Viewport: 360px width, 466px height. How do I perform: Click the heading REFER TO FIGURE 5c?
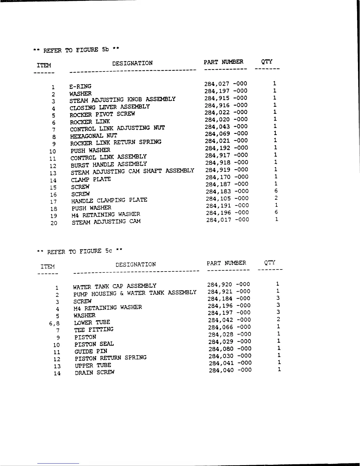point(79,251)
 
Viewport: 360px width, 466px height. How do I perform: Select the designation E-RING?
point(80,86)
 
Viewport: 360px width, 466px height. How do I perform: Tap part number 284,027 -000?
point(226,84)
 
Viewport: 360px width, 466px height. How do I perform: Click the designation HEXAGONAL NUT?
point(94,136)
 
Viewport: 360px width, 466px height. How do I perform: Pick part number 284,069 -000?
point(226,134)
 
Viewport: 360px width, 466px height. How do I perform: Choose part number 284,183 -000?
point(227,191)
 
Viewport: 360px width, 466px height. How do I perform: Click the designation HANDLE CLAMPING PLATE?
point(109,201)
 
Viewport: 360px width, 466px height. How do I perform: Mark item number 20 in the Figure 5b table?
point(54,223)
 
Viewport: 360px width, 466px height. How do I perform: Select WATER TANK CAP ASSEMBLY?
point(115,286)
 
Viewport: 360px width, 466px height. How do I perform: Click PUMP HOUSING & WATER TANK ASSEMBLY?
point(135,293)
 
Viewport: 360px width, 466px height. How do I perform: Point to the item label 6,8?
point(54,324)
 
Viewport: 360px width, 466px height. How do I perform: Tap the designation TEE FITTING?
point(94,329)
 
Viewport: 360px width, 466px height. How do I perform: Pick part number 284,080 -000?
point(230,349)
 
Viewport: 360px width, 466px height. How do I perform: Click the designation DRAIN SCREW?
point(95,372)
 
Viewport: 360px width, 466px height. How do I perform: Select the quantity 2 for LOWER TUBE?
point(278,319)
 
